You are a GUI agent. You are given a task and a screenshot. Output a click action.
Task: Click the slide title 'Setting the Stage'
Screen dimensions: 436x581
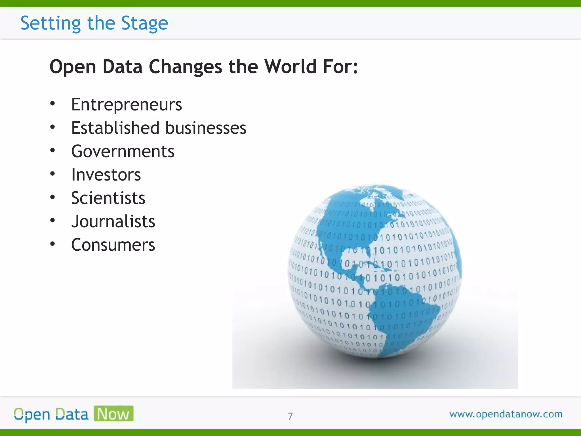[94, 23]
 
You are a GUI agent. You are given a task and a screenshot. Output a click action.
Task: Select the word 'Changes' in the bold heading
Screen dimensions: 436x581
[186, 67]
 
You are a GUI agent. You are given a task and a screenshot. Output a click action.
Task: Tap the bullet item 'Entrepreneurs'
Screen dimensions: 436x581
[127, 104]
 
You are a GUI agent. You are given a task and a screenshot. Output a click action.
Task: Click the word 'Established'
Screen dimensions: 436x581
[115, 128]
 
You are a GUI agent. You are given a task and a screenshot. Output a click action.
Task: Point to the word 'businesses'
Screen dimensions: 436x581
[206, 128]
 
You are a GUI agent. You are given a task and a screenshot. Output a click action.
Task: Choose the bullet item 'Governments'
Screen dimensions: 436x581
[123, 151]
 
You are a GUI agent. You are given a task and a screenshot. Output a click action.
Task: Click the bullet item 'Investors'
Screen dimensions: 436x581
[106, 174]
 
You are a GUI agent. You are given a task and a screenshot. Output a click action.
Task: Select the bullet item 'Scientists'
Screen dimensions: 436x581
[108, 198]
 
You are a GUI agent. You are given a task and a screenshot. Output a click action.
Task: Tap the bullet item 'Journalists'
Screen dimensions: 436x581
[113, 221]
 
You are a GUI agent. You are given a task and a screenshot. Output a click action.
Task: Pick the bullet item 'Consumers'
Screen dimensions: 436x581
[113, 245]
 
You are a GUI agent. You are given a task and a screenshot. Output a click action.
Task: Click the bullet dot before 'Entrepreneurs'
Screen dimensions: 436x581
[52, 104]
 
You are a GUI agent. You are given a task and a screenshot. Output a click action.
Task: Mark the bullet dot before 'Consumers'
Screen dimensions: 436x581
[52, 244]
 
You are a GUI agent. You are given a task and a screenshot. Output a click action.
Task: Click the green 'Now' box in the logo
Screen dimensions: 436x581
[113, 414]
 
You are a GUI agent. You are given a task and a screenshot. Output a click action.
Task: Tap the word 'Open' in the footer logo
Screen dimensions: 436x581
[32, 415]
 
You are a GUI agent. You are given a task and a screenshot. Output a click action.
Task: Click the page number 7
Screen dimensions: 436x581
[290, 416]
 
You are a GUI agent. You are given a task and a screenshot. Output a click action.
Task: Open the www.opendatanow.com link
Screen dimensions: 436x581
[506, 414]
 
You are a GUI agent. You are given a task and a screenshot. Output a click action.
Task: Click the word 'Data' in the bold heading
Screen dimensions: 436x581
[123, 67]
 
